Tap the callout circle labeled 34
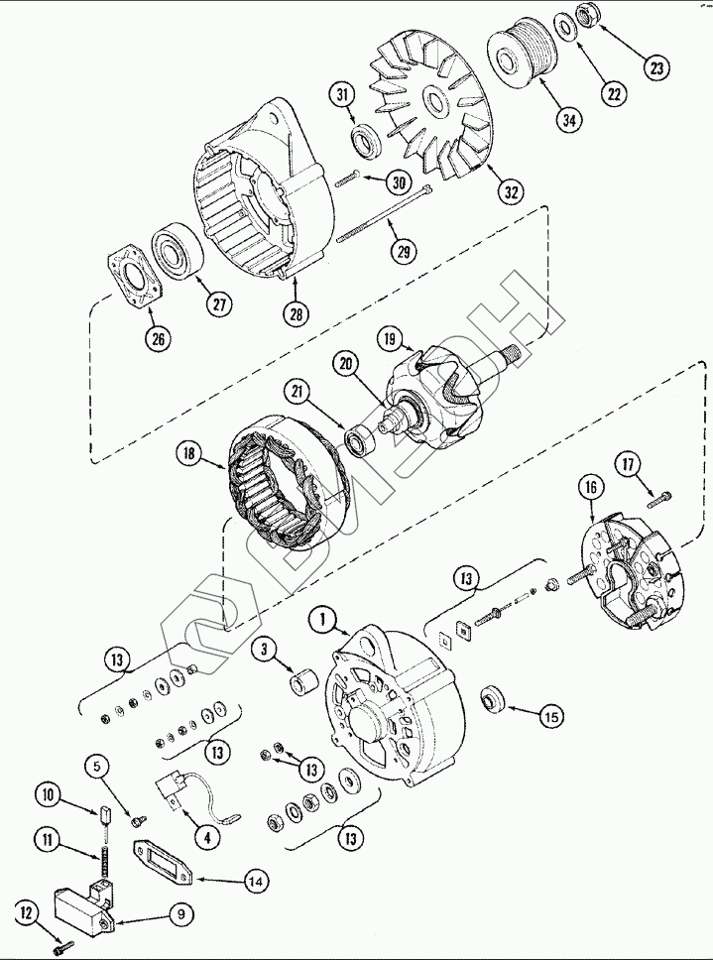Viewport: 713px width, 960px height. pyautogui.click(x=568, y=121)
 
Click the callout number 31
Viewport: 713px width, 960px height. pyautogui.click(x=343, y=95)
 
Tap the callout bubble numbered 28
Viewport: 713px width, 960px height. pyautogui.click(x=296, y=313)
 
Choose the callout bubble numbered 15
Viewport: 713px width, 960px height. pyautogui.click(x=549, y=714)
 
